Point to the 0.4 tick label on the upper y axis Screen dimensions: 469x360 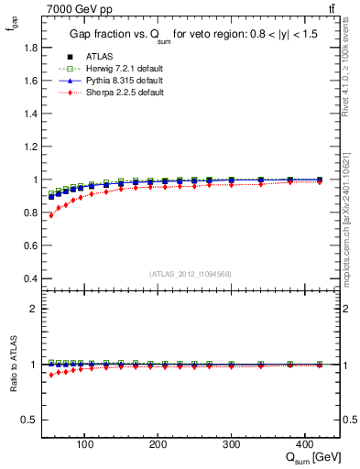(31, 278)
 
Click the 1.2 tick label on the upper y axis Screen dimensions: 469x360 (31, 147)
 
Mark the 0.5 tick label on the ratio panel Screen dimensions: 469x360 (31, 420)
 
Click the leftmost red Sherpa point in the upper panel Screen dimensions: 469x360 (51, 215)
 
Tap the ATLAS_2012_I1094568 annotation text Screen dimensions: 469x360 (189, 274)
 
